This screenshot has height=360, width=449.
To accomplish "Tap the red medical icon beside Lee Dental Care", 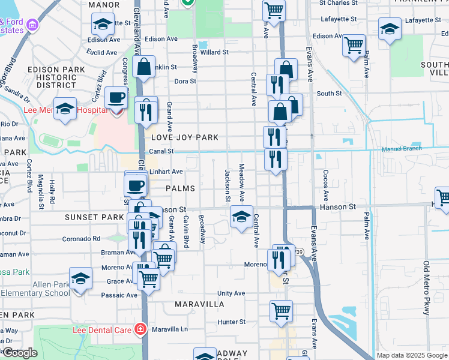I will tap(140, 329).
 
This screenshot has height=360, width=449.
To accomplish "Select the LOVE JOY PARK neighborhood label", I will tap(184, 137).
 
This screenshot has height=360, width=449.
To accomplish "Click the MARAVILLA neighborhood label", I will tap(199, 304).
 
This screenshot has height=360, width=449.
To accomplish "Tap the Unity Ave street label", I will tap(231, 293).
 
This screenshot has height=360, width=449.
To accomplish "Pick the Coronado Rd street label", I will tap(81, 238).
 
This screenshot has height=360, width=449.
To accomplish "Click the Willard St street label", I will tap(215, 52).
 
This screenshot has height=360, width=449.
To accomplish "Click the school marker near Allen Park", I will tap(80, 278).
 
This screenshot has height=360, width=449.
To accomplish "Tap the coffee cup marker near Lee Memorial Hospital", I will tap(116, 97).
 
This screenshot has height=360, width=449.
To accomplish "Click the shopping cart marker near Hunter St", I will tap(281, 311).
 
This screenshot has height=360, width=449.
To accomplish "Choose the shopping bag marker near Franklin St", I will tap(144, 67).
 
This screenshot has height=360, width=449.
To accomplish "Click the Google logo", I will tap(20, 353).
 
